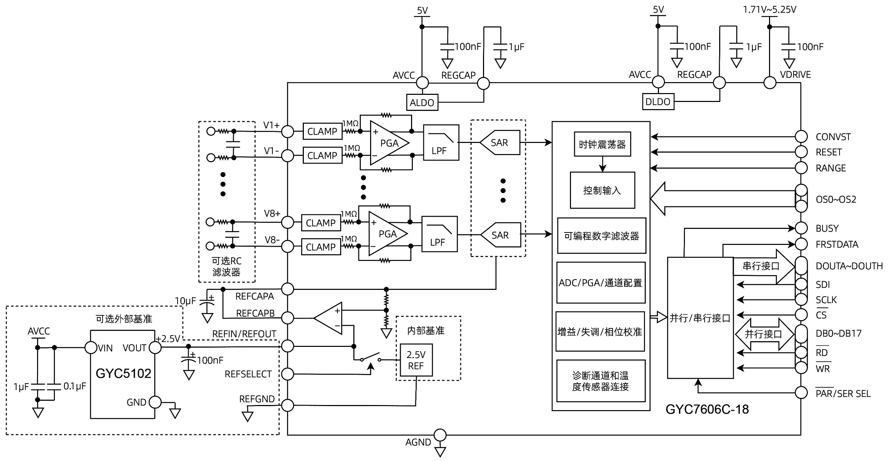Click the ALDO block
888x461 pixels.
422,103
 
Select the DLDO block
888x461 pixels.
658,102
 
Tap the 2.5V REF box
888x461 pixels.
416,360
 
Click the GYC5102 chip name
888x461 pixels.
123,373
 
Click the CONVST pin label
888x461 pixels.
833,137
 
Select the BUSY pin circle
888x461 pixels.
801,228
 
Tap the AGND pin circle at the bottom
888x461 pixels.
440,435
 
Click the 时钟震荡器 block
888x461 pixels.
602,144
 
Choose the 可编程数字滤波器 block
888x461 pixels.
601,236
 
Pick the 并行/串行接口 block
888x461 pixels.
700,318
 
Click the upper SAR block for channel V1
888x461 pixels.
499,143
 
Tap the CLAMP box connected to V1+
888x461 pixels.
322,132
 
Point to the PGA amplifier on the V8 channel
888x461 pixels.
386,234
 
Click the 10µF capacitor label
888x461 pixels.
185,301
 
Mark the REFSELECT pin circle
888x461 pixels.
287,374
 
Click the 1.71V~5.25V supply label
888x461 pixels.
769,10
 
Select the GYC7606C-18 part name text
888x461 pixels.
707,409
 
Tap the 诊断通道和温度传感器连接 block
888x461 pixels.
601,381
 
